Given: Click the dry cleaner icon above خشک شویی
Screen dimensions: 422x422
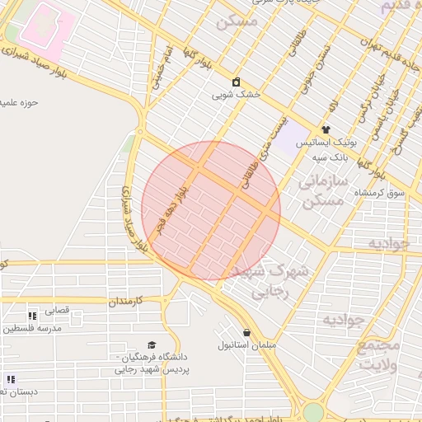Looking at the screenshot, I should click(x=237, y=82).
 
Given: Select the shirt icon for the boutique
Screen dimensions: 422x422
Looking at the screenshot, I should click(x=326, y=129).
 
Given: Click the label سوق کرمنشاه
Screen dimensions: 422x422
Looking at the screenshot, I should click(x=380, y=192).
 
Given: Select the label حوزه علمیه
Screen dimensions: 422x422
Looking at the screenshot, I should click(x=21, y=102).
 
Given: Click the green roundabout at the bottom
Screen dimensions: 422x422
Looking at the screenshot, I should click(x=313, y=411).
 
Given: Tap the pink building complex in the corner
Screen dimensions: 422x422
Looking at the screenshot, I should click(x=40, y=26).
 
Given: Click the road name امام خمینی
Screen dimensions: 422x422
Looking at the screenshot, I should click(x=160, y=67).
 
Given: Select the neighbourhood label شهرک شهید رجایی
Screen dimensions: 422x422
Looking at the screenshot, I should click(x=269, y=280).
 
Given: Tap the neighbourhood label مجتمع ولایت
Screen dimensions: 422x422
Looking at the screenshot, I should click(x=382, y=354).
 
